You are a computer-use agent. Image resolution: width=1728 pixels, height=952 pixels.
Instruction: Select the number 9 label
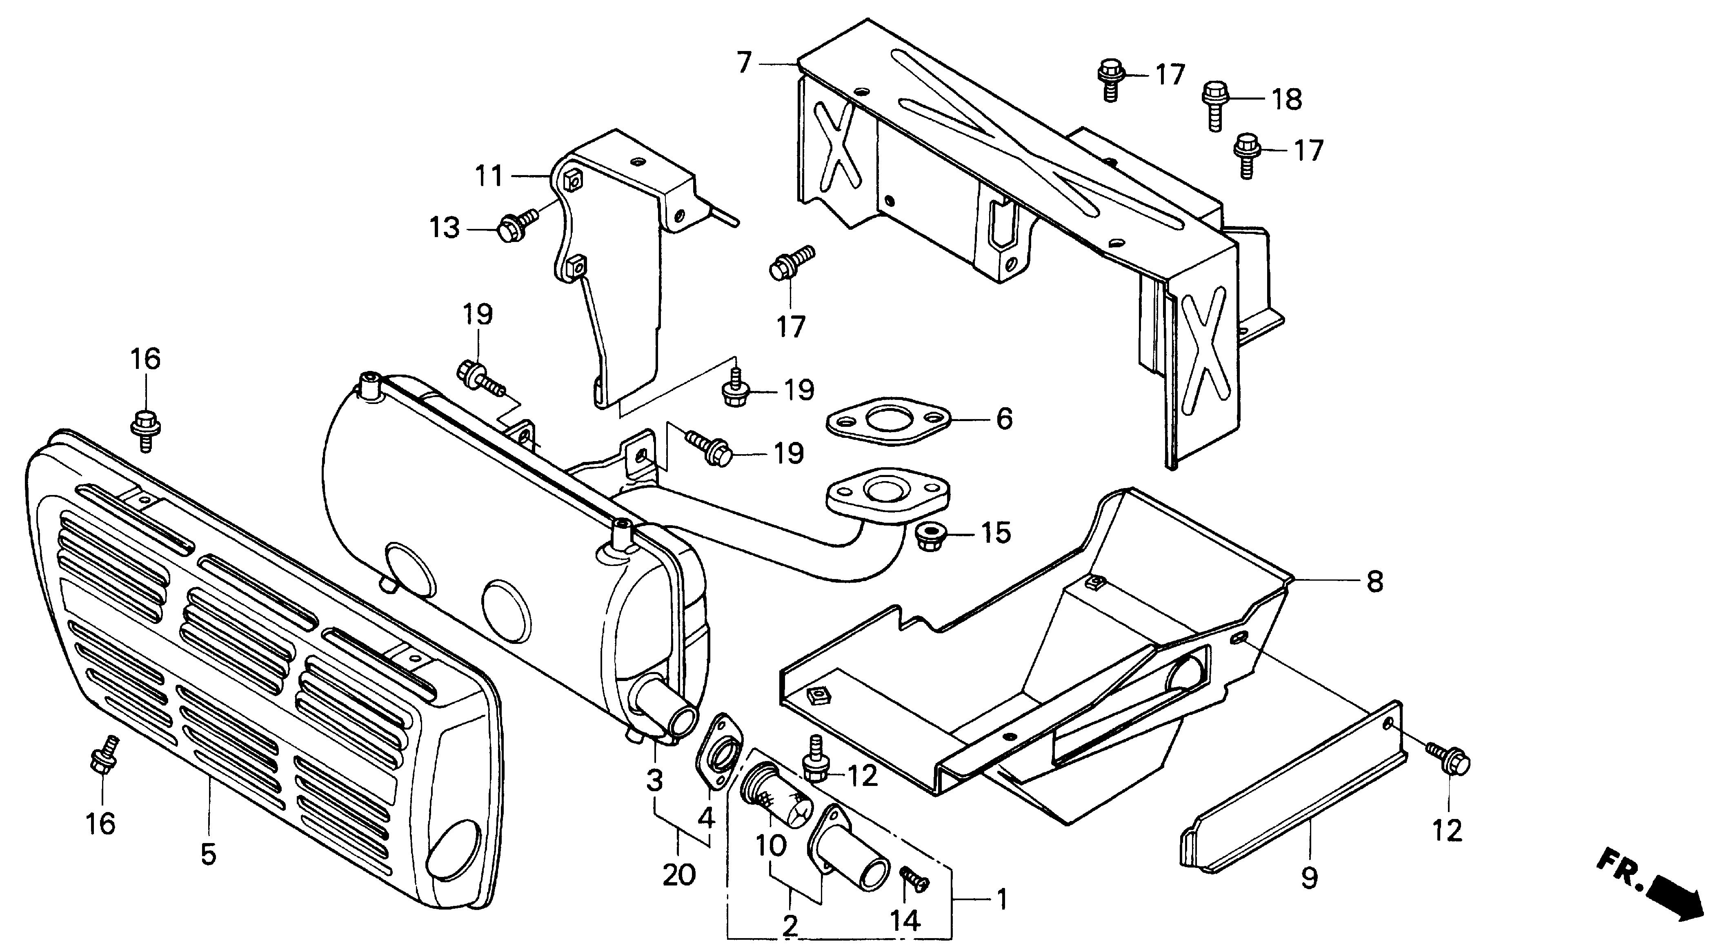(1309, 878)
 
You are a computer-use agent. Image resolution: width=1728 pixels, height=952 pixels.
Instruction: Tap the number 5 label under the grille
(208, 855)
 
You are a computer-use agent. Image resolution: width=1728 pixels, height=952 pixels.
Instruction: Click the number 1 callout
(1001, 899)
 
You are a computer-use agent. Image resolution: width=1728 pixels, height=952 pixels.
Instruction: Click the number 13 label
(445, 229)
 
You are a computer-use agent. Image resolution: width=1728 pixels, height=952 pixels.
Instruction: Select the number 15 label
(996, 534)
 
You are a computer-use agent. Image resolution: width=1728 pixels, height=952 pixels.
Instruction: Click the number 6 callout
(1004, 419)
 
